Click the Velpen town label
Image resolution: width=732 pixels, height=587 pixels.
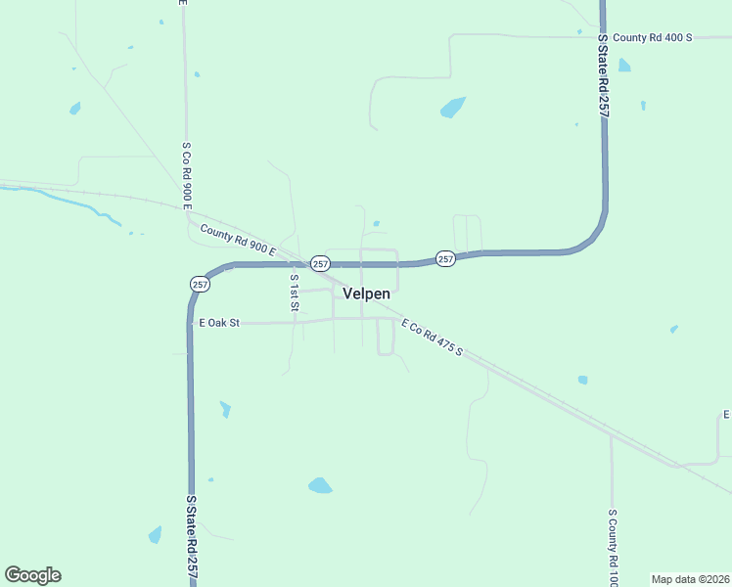[367, 293]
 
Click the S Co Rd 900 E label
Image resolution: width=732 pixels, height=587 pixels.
[185, 175]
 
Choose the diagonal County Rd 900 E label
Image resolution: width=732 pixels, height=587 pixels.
[239, 241]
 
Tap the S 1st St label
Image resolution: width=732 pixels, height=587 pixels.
[294, 293]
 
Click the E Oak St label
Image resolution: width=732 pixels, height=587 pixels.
[219, 322]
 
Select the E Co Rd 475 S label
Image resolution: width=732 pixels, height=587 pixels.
[432, 338]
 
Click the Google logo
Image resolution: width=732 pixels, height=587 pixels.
[32, 575]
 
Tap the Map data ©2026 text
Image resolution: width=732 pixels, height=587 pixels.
[690, 579]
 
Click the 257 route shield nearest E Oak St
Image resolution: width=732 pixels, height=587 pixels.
[200, 284]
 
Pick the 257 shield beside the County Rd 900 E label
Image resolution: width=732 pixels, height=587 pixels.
[320, 264]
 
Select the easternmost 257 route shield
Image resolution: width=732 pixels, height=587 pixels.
[445, 259]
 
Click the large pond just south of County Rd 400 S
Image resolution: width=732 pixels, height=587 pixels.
[452, 107]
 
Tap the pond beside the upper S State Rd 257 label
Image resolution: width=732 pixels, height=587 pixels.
[624, 66]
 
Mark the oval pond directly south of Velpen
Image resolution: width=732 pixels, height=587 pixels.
[320, 485]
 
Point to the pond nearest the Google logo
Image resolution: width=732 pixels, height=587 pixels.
[155, 534]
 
